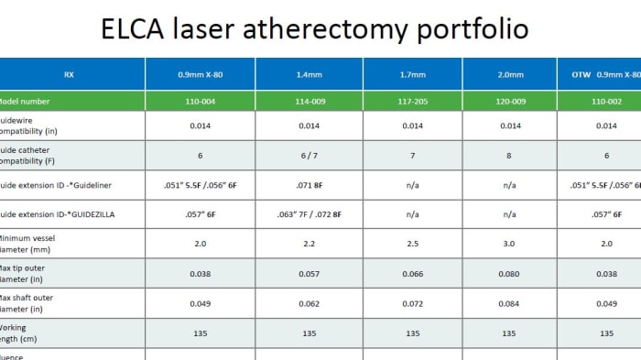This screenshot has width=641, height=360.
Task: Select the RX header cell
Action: [70, 74]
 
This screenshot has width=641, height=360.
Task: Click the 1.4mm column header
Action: [310, 74]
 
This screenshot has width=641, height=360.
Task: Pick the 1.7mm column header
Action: [413, 74]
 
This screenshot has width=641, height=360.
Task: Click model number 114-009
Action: [310, 101]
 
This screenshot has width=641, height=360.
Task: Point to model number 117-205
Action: [413, 101]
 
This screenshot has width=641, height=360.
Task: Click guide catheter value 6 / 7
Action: [310, 156]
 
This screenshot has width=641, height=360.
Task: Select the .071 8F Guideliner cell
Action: [310, 185]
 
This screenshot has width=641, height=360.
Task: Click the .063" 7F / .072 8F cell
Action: [310, 214]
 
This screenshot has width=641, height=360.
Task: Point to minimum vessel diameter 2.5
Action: [413, 245]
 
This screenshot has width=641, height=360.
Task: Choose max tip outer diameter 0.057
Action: [310, 274]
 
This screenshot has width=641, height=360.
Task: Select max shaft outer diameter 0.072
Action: [413, 303]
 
